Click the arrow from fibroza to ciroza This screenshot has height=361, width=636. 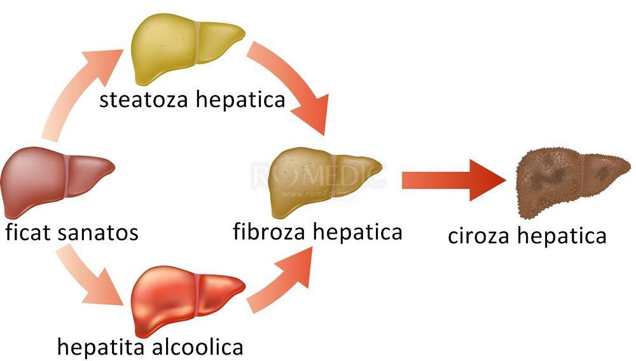click(452, 180)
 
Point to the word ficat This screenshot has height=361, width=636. click(28, 232)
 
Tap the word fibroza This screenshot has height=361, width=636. click(268, 231)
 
